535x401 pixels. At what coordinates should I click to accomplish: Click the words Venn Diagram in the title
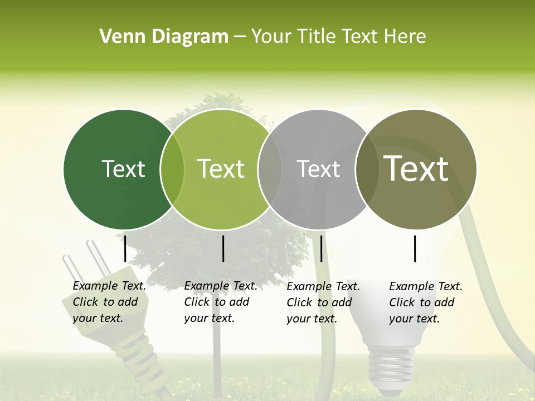tap(164, 37)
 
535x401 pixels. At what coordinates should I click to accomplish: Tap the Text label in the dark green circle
tap(123, 169)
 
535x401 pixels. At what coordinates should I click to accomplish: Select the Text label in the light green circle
tap(221, 169)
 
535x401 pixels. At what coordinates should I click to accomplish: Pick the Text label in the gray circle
tap(318, 169)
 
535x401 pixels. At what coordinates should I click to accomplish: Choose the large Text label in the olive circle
tap(416, 169)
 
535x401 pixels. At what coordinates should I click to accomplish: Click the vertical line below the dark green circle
tap(125, 248)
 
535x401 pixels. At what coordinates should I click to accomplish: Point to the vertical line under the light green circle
tap(223, 248)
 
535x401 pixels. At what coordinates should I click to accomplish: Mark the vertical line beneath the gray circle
tap(322, 248)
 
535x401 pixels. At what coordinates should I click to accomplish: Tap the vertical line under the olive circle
tap(415, 248)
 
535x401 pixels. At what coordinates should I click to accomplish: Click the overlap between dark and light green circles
tap(172, 169)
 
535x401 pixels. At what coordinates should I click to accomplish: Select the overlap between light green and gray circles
tap(270, 169)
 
